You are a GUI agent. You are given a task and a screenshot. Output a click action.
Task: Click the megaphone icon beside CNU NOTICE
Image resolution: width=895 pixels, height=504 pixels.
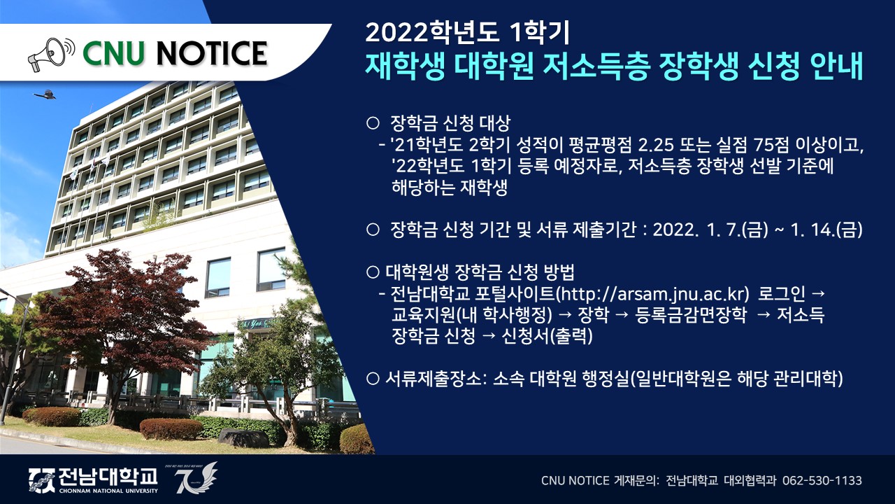click(x=51, y=55)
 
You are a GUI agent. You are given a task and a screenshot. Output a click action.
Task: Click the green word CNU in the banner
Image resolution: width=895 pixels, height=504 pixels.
click(x=113, y=54)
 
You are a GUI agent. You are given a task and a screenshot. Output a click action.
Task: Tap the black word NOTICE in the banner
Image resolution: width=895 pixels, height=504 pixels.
click(x=211, y=54)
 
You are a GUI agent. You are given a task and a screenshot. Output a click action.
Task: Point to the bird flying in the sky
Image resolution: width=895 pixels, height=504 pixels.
click(x=44, y=94)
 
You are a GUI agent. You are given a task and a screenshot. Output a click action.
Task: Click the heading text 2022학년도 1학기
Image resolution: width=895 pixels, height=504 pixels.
click(x=467, y=33)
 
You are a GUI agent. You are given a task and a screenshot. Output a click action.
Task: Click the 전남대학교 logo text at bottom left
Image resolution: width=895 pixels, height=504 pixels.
click(x=108, y=477)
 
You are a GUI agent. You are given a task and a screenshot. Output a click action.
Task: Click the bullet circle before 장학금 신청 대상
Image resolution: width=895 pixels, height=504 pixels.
click(x=373, y=123)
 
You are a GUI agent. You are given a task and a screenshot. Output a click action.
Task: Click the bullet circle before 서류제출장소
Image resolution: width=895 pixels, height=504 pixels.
click(x=373, y=379)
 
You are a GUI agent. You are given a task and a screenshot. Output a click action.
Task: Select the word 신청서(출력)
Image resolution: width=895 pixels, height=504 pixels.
click(x=547, y=335)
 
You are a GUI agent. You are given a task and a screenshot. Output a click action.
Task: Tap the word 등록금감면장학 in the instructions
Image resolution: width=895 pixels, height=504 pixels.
click(x=690, y=315)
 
